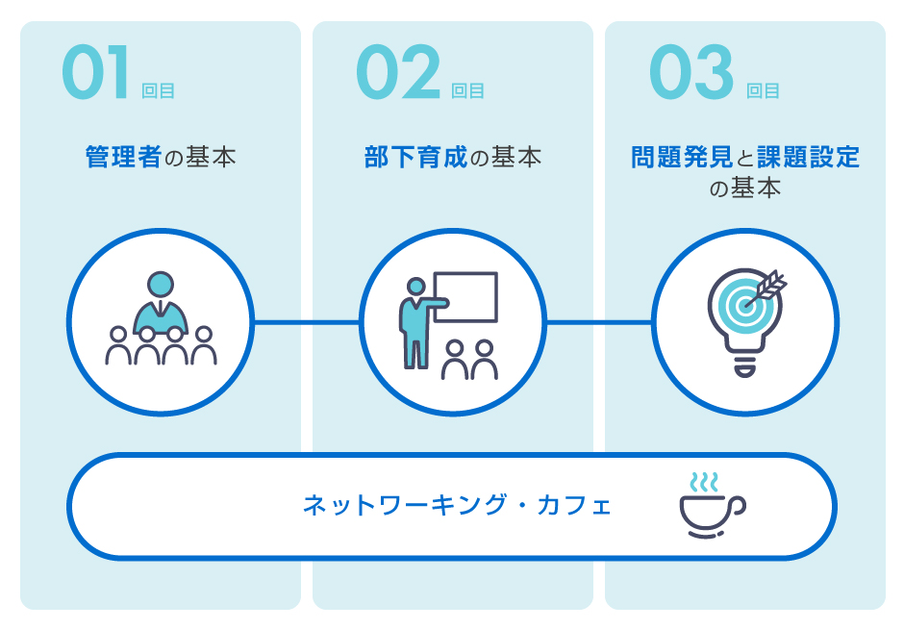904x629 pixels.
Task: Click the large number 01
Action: click(95, 72)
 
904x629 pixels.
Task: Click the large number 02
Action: click(398, 72)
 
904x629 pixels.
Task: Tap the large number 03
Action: click(691, 72)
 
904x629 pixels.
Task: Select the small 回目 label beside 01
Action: click(158, 90)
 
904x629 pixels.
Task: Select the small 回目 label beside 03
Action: click(763, 90)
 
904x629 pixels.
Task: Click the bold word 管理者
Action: click(123, 157)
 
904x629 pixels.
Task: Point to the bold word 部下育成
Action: click(415, 157)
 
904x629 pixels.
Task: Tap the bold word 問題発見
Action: click(682, 157)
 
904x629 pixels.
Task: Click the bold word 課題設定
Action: click(808, 157)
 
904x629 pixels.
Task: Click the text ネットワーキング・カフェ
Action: click(457, 505)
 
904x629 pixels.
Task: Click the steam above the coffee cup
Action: click(704, 483)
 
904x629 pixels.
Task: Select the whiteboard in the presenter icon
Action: click(465, 296)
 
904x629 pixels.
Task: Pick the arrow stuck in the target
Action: click(766, 289)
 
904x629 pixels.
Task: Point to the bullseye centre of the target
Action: click(744, 305)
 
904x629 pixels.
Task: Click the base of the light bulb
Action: click(744, 365)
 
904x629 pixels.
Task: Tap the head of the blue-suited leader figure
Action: click(161, 285)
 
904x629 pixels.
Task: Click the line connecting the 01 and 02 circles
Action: click(307, 322)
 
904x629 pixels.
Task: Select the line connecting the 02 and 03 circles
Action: click(599, 322)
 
